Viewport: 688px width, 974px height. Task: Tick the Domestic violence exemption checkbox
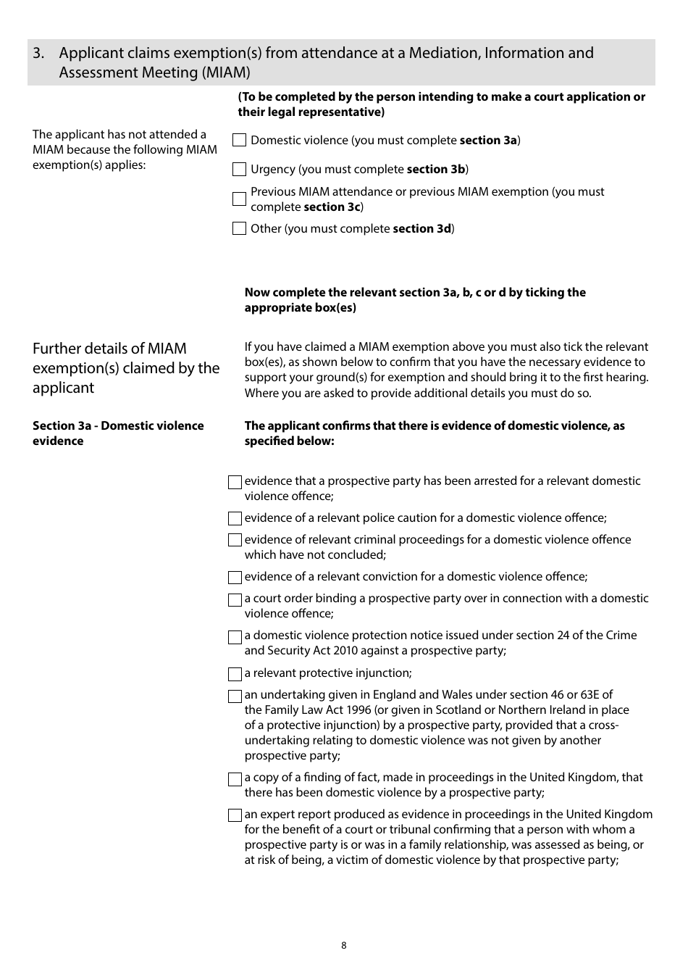coord(239,141)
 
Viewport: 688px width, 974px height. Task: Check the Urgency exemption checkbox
coord(239,170)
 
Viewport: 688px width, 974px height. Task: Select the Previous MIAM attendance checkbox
coord(239,199)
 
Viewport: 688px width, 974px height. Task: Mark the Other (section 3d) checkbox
coord(239,229)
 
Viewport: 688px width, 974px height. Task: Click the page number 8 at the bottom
coord(344,945)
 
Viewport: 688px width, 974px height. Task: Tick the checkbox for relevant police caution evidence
coord(235,519)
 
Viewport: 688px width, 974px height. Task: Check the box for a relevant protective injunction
coord(235,674)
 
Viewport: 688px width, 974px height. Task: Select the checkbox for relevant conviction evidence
coord(235,578)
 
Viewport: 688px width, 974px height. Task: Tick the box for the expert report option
coord(235,815)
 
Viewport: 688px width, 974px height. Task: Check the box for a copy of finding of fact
coord(235,779)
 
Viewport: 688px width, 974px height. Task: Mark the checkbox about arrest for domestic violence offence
coord(235,483)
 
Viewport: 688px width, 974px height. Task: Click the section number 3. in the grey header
coord(39,53)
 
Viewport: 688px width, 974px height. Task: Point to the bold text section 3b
coord(436,170)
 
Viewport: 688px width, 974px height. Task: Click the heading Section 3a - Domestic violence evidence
coord(118,433)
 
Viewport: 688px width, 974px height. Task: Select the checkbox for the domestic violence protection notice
coord(235,637)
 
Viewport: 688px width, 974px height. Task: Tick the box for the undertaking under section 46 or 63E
coord(235,696)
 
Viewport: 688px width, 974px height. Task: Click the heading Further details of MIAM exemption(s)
coord(125,368)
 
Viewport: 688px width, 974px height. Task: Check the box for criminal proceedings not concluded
coord(235,541)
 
